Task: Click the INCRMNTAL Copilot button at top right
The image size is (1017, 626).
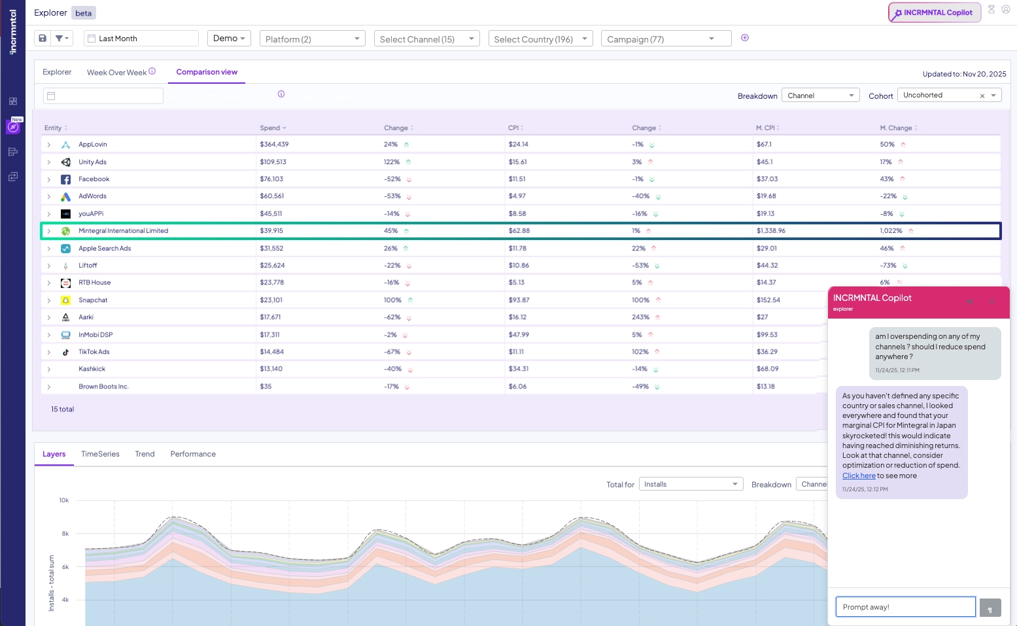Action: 934,12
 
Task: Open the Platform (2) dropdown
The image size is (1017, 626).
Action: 312,39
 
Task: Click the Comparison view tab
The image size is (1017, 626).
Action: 207,73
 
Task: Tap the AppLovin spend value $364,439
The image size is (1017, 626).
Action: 274,145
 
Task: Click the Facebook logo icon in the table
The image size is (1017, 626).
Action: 66,179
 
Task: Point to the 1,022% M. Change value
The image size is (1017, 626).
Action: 891,231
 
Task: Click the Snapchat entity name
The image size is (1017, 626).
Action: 93,300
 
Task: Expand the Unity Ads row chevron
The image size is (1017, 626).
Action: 49,162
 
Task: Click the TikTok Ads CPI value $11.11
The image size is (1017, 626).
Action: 516,352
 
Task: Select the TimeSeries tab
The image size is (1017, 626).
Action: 100,454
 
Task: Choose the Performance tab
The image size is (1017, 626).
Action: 193,454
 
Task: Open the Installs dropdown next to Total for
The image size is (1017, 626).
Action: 690,485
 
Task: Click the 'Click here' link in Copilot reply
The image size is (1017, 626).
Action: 859,476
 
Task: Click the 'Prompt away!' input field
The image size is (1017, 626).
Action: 905,607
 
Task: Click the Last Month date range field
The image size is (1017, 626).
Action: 141,39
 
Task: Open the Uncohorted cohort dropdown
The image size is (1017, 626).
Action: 948,96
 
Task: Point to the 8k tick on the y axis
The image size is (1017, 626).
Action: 65,534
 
